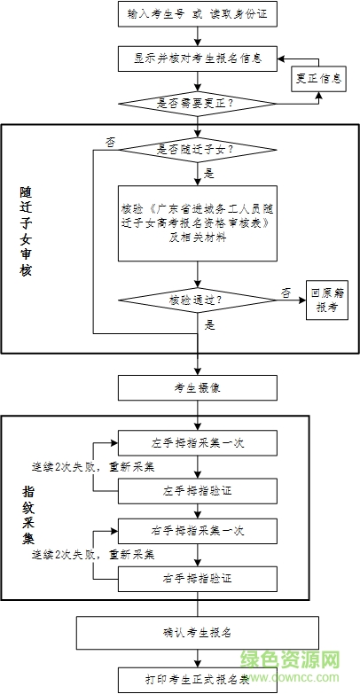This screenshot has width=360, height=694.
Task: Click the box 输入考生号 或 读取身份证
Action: [x=197, y=16]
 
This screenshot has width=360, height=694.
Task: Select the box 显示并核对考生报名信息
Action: [x=197, y=58]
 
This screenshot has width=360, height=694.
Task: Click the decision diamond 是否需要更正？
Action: [x=197, y=102]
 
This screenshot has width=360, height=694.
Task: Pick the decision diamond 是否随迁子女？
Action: [x=197, y=149]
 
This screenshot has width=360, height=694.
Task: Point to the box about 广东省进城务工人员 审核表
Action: [x=197, y=222]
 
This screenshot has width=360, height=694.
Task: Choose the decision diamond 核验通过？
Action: [x=197, y=300]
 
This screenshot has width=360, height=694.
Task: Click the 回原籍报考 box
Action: [x=326, y=300]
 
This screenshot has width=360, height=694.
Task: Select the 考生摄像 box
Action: [x=197, y=386]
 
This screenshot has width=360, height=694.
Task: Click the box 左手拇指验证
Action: [x=197, y=489]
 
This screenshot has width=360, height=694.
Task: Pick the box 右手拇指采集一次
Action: [x=197, y=530]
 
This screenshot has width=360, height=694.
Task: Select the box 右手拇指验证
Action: [x=197, y=578]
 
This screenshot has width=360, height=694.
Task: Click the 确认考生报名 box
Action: [x=197, y=632]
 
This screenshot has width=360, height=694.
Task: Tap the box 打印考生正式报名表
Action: [x=197, y=681]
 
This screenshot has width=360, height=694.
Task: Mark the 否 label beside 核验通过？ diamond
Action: [x=286, y=292]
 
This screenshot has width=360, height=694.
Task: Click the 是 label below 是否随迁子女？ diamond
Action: [x=209, y=173]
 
